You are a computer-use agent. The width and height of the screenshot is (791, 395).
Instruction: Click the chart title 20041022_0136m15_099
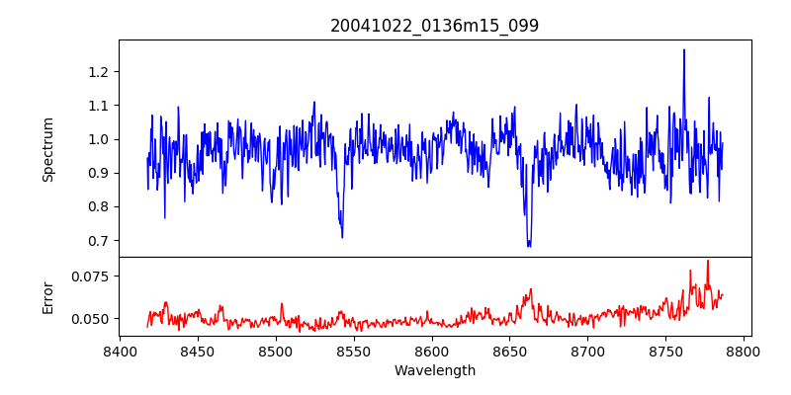pyautogui.click(x=435, y=26)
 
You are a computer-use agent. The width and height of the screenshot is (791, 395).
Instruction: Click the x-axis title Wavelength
pyautogui.click(x=435, y=370)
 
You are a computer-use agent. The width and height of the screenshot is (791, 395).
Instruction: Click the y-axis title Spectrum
pyautogui.click(x=47, y=149)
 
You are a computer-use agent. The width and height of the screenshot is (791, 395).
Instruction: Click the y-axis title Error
pyautogui.click(x=47, y=296)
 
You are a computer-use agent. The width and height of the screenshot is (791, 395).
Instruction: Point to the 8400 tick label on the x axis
pyautogui.click(x=120, y=351)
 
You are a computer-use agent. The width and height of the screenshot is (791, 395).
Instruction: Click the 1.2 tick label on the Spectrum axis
pyautogui.click(x=99, y=72)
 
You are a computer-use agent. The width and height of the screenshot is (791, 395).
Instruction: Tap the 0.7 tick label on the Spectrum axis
pyautogui.click(x=99, y=241)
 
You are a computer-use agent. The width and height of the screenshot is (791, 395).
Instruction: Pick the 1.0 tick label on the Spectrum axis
pyautogui.click(x=99, y=139)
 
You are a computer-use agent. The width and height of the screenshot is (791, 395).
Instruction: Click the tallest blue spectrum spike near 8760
pyautogui.click(x=683, y=50)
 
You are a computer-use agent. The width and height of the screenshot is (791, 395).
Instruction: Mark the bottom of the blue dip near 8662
pyautogui.click(x=529, y=244)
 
